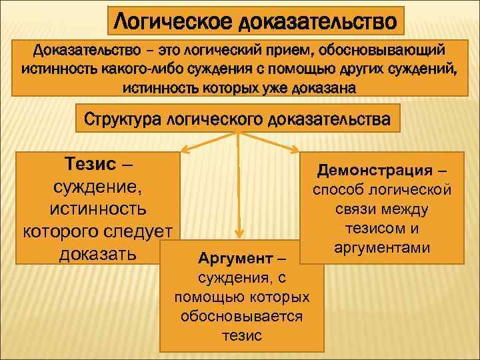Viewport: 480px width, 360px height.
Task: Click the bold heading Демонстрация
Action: (374, 171)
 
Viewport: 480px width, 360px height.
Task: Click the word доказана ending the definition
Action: (327, 87)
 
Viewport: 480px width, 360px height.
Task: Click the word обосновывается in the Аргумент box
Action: (241, 316)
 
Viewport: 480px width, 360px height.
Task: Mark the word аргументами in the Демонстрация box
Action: (383, 247)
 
